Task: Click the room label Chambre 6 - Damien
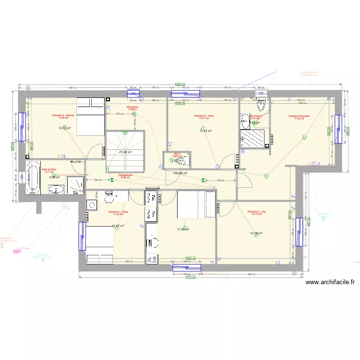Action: [x=64, y=115]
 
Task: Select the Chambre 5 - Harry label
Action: [x=204, y=116]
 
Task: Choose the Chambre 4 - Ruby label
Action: [x=118, y=212]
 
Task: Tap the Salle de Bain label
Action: [x=49, y=169]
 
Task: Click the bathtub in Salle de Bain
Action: [x=33, y=178]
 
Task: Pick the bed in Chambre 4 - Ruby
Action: [x=98, y=245]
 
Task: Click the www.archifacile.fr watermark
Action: [x=330, y=283]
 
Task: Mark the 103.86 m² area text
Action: [x=180, y=173]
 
